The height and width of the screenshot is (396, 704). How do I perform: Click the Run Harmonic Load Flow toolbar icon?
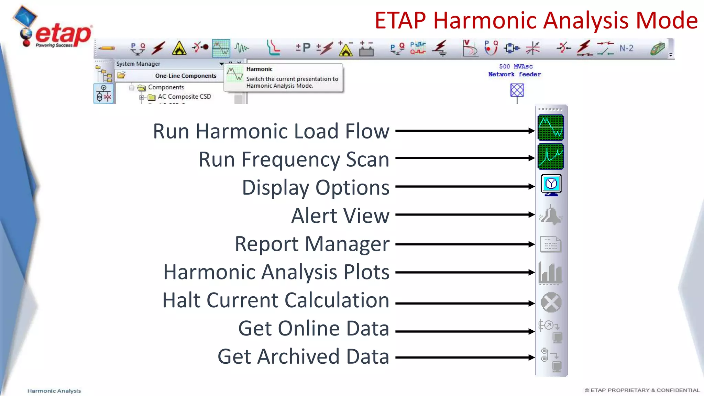point(551,128)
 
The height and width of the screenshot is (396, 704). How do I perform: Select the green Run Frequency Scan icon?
point(551,157)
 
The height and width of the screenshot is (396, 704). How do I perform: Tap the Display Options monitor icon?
point(551,185)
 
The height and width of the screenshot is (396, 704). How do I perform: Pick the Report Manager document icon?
point(551,244)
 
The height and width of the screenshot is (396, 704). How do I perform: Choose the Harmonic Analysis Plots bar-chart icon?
point(550,273)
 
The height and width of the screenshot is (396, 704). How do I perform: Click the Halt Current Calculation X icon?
point(551,302)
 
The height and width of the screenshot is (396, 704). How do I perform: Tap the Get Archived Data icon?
point(551,360)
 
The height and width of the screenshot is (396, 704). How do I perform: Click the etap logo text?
point(63,34)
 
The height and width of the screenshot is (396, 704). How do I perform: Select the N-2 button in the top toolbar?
point(626,48)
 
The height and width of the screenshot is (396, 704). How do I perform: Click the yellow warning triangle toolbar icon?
point(179,48)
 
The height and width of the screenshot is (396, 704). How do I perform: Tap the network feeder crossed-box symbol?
point(517,90)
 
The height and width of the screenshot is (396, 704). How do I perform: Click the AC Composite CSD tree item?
point(184,97)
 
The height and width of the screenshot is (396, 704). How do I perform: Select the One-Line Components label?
point(186,76)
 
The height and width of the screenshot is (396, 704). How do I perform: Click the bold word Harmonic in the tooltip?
point(259,69)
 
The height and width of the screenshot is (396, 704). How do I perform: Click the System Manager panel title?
point(138,64)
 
